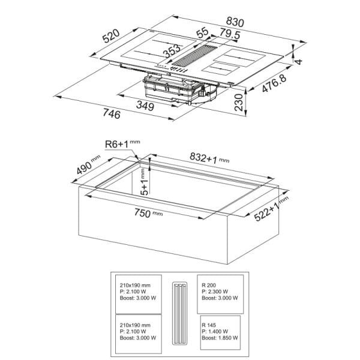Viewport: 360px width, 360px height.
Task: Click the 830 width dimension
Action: click(x=235, y=22)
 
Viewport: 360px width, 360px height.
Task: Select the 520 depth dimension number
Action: click(x=111, y=36)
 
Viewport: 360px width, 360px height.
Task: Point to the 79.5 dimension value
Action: click(x=230, y=34)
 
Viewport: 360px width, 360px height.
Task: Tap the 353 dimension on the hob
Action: click(x=172, y=51)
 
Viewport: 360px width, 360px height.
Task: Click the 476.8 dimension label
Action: click(x=274, y=83)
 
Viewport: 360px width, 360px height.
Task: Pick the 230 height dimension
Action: click(x=239, y=103)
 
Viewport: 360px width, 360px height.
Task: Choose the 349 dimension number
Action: click(x=145, y=106)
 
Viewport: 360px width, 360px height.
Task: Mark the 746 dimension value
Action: click(x=112, y=113)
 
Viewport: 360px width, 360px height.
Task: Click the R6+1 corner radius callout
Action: click(x=122, y=144)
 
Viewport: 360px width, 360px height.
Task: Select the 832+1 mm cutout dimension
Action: click(x=209, y=158)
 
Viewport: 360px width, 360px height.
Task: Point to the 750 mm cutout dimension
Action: click(x=148, y=213)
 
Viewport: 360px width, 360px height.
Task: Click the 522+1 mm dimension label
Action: click(x=271, y=209)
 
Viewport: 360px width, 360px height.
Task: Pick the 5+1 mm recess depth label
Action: click(x=144, y=182)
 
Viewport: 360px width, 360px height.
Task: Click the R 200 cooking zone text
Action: click(x=209, y=285)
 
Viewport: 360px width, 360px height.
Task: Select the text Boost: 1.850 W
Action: click(x=220, y=338)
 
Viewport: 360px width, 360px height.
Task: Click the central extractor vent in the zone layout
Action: click(x=180, y=314)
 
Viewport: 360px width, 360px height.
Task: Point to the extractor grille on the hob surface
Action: click(x=194, y=55)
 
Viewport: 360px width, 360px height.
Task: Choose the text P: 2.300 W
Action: click(x=215, y=292)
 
